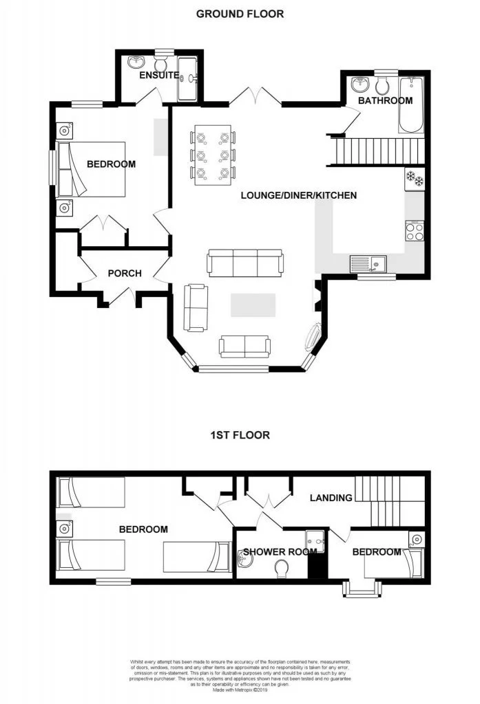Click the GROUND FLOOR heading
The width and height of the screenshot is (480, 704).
pos(240,14)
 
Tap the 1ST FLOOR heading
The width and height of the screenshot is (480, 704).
pos(240,435)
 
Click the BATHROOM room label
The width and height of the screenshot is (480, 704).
pos(384,100)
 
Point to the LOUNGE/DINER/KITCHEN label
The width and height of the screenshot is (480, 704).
pos(298,195)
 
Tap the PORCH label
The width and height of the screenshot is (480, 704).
pos(125,273)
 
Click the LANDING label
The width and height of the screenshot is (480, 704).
pos(331,497)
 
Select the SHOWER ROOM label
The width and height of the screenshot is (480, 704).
pos(279,551)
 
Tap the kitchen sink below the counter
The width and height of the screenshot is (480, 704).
pos(368,262)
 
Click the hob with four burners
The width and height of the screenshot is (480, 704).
pos(415,231)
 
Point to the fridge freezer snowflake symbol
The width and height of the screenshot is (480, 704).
pos(415,177)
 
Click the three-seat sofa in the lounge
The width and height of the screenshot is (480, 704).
pos(245,263)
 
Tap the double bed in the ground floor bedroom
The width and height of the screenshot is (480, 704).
pos(92,169)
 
